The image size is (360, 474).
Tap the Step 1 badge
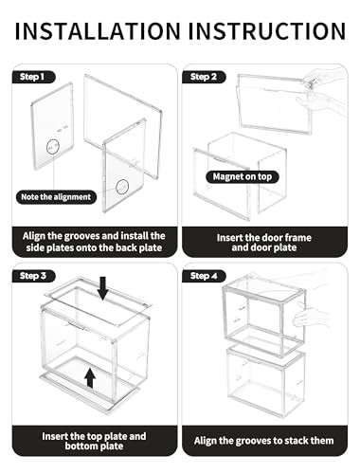35,77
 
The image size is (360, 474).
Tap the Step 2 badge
208,77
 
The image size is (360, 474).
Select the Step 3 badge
35,275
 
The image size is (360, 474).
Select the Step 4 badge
208,275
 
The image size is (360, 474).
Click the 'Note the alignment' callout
56,197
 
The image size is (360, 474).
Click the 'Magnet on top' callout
237,177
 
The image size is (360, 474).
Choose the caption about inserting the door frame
264,242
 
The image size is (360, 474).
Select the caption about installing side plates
92,242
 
